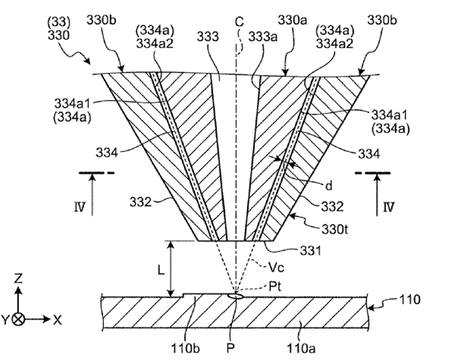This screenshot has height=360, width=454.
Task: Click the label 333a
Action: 263,37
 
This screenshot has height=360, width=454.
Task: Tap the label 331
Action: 311,250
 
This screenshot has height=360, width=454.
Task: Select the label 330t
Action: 335,229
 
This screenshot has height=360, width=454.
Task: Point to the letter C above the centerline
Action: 239,22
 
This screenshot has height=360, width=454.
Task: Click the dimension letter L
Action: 161,270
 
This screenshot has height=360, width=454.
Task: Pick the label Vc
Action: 276,267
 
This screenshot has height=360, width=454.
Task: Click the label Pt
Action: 275,286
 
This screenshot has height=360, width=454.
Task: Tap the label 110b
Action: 185,349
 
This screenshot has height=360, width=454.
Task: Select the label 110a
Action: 301,349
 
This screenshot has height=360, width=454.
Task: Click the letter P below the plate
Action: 230,349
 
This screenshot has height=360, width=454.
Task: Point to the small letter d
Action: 329,186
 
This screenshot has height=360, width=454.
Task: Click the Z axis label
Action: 18,278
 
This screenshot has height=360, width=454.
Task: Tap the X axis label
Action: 57,320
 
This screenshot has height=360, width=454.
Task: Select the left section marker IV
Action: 80,207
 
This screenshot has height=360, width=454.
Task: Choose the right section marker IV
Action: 389,207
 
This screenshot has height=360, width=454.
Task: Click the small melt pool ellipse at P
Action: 235,296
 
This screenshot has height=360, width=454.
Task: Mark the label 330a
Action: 292,21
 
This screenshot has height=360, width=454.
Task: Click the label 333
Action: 207,37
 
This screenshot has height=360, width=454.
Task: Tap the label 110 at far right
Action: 409,299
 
